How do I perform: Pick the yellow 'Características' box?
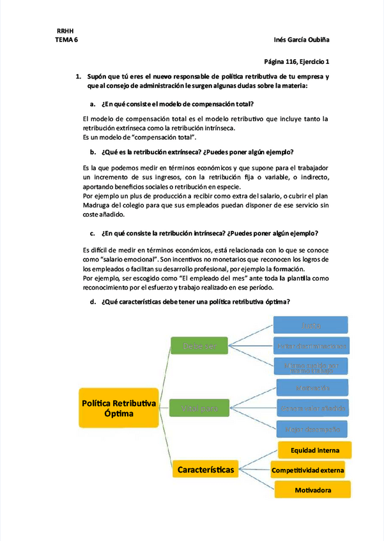pos(204,470)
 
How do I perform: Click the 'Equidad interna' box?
pos(311,450)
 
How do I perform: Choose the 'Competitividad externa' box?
pos(308,471)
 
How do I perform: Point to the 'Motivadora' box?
pos(312,490)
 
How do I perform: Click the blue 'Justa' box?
pos(311,326)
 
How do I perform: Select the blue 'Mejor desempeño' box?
pos(311,428)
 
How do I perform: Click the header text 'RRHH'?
pos(65,31)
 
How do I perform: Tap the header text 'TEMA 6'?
pos(67,40)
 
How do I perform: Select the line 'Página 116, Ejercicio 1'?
pos(296,62)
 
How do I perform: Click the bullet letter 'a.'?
pos(93,103)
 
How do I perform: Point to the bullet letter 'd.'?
pos(93,302)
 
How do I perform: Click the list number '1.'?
pos(78,77)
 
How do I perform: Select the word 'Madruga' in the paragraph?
pos(99,205)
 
